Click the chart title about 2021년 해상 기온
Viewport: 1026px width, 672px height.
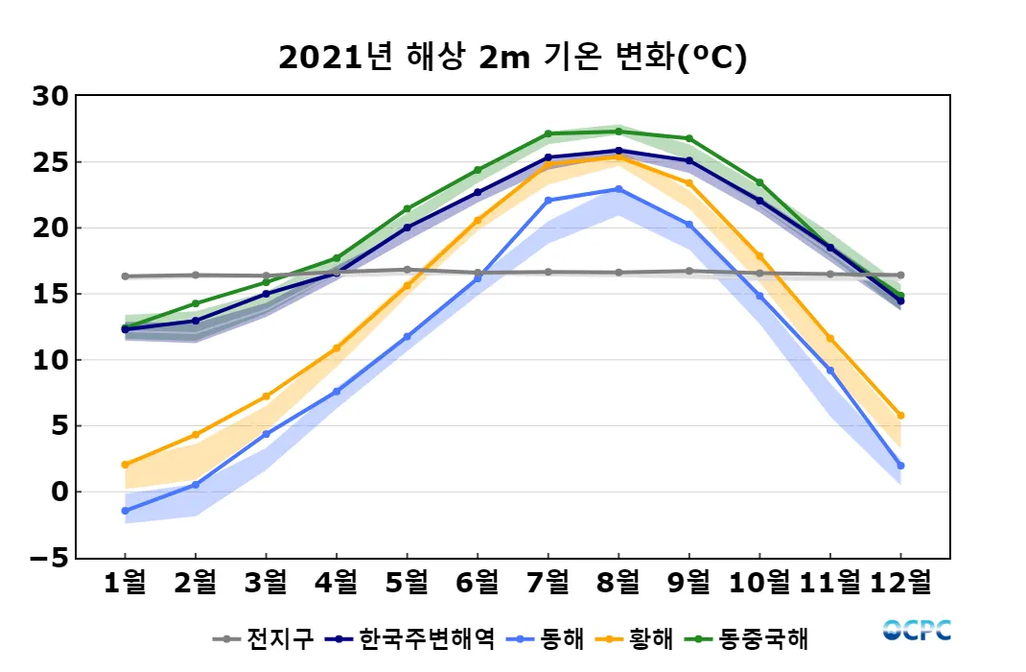pos(512,58)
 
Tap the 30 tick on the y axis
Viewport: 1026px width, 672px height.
pos(49,96)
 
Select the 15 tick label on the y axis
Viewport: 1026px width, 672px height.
pos(49,294)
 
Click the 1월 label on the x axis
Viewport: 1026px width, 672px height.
pos(125,582)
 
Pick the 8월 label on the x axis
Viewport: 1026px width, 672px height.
pos(618,582)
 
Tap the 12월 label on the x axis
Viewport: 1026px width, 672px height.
pos(899,582)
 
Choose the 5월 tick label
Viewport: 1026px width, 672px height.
pos(407,582)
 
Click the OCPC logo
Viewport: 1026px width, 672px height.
pos(917,631)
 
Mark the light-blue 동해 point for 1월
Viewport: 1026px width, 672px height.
pos(125,511)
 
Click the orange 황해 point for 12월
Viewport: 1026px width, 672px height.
pos(900,416)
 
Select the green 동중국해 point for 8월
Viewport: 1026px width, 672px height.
pos(618,132)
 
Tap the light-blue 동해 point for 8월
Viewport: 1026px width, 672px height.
pos(618,189)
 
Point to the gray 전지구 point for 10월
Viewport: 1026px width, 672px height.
pos(759,274)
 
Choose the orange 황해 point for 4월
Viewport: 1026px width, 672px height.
pos(337,348)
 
